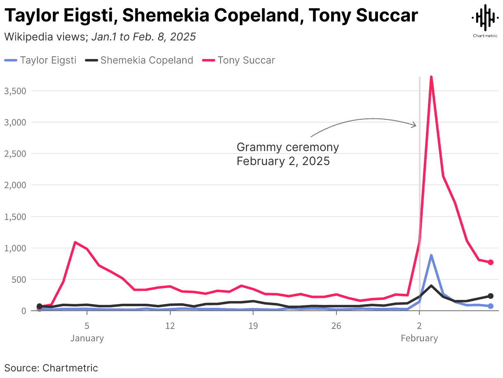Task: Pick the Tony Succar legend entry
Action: click(239, 60)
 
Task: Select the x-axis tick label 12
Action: click(170, 326)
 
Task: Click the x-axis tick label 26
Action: click(336, 326)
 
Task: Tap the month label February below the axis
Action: click(419, 338)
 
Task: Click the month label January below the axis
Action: click(87, 338)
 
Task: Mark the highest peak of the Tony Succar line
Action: click(431, 77)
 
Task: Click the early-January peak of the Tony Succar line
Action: click(75, 242)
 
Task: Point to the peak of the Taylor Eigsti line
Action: click(431, 255)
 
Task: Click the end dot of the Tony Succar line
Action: click(491, 262)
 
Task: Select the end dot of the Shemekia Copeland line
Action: click(491, 296)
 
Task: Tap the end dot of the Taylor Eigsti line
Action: click(491, 306)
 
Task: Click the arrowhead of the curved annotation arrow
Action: click(415, 125)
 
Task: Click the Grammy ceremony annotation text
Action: click(287, 154)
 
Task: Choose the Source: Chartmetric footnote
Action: click(51, 368)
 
